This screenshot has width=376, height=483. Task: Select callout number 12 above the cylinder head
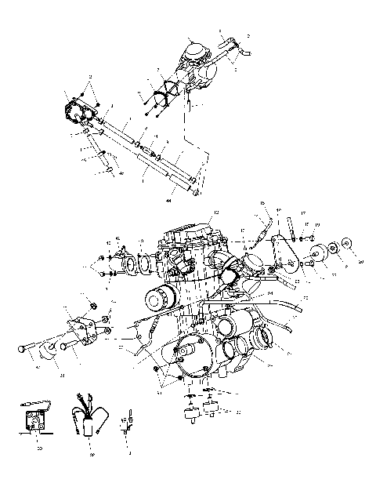click(x=217, y=213)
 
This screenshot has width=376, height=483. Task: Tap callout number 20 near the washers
click(x=361, y=263)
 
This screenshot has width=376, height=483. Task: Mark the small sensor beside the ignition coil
click(x=128, y=427)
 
